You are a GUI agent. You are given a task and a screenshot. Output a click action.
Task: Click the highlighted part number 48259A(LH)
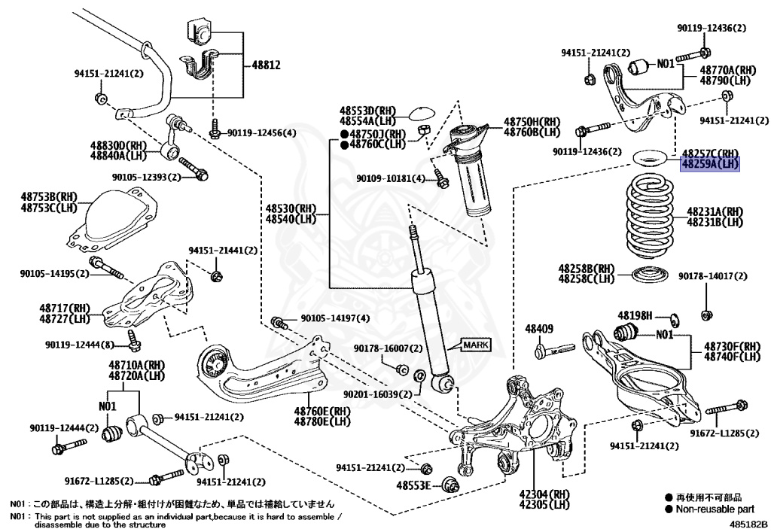(710, 164)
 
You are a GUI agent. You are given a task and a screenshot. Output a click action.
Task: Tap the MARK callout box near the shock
(475, 345)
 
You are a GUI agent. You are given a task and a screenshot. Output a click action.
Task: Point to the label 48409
(539, 329)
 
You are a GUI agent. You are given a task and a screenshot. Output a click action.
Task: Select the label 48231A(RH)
(714, 212)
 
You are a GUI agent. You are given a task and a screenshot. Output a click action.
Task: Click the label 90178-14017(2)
(712, 277)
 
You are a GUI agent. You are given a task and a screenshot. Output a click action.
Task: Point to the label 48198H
(635, 315)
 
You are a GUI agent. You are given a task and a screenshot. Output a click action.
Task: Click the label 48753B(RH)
(49, 197)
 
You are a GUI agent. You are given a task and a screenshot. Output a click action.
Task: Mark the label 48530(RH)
(291, 208)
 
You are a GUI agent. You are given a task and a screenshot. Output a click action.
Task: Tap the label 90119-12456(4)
(262, 133)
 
